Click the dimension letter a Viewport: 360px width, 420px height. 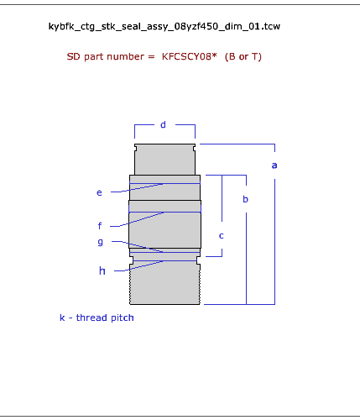(x=274, y=165)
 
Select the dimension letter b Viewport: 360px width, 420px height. (x=245, y=199)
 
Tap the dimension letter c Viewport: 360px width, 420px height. (x=221, y=236)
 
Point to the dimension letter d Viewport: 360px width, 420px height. (x=163, y=124)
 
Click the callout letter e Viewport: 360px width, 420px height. (x=99, y=192)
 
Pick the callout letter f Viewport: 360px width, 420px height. (x=100, y=225)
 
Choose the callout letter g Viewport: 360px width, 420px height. (x=100, y=242)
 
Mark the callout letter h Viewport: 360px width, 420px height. (x=102, y=270)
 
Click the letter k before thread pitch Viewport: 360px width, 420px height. (x=62, y=318)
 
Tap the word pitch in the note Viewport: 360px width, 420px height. (x=123, y=318)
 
